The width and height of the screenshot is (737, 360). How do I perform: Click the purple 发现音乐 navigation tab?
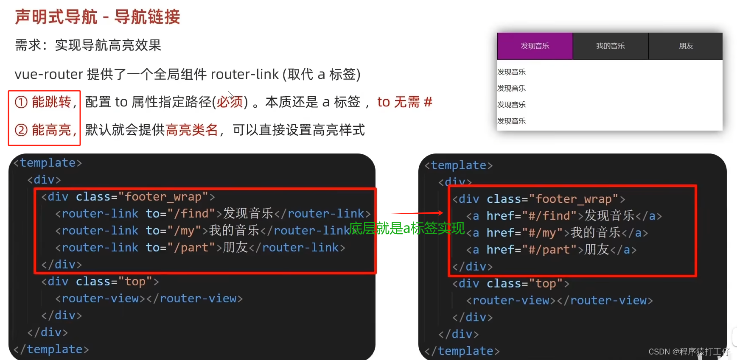(x=535, y=46)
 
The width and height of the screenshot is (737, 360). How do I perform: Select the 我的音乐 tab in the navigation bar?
(x=610, y=46)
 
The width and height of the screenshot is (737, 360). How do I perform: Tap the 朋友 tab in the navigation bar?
(x=686, y=46)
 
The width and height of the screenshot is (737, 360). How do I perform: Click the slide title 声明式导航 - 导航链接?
(x=98, y=17)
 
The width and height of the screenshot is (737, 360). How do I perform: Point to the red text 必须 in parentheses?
(x=230, y=102)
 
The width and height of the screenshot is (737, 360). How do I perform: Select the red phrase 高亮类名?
(x=191, y=130)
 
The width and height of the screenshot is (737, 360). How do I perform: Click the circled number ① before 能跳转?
(x=21, y=102)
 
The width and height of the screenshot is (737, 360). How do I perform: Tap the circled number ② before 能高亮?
(x=21, y=130)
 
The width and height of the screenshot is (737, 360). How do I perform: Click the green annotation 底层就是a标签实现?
(x=406, y=229)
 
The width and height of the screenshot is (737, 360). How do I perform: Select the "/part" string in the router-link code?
(x=191, y=247)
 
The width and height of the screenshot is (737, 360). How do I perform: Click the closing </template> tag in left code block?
(x=51, y=349)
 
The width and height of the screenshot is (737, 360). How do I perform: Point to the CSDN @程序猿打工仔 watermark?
(x=689, y=352)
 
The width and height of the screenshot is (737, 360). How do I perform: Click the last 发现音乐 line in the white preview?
(x=511, y=121)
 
